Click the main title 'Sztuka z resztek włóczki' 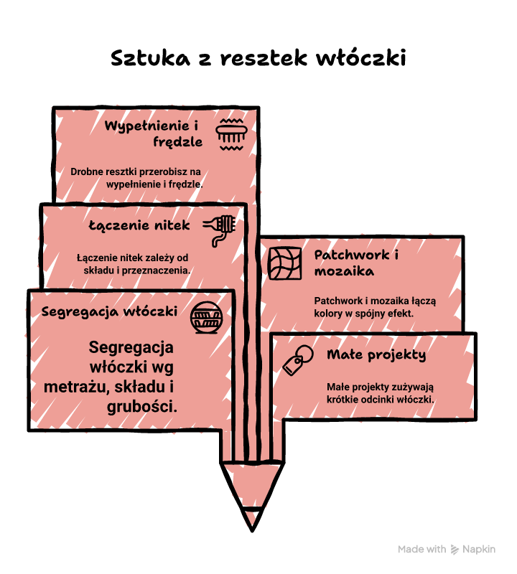click(x=258, y=58)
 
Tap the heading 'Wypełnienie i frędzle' click(x=153, y=133)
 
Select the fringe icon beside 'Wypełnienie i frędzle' click(x=231, y=134)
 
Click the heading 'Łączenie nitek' click(x=139, y=225)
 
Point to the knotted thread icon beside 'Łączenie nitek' click(x=219, y=230)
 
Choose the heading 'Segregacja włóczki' click(x=109, y=311)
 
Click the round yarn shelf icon click(x=206, y=317)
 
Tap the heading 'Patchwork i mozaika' click(x=356, y=263)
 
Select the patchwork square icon click(x=285, y=263)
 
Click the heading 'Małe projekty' click(x=376, y=354)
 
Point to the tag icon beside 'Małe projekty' click(x=298, y=360)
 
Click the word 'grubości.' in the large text click(x=141, y=406)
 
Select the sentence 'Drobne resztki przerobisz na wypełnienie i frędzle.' click(x=136, y=178)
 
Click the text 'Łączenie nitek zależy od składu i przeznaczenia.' click(x=134, y=264)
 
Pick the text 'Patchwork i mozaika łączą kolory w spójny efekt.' click(x=376, y=307)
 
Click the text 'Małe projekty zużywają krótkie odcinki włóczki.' click(x=381, y=392)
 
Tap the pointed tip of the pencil click(x=252, y=530)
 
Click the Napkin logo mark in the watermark click(x=455, y=549)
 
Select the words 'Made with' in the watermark click(x=421, y=549)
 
